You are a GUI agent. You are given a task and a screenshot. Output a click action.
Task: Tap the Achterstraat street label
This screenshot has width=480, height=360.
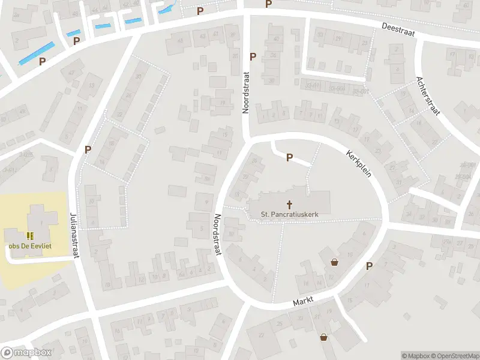pos(428,96)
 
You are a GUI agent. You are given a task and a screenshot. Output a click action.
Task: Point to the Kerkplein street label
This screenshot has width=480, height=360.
pos(359,163)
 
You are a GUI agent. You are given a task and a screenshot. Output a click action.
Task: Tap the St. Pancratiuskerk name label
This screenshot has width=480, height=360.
pos(289,214)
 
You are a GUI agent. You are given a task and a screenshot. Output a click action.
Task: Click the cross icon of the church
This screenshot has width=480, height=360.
pos(289,204)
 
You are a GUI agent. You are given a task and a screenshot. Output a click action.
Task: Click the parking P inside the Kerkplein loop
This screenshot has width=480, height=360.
pos(289,158)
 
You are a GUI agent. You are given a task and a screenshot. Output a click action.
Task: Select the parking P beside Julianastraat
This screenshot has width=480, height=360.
pos(88,149)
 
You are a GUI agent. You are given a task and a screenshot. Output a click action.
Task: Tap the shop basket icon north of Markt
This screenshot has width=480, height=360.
pos(334,262)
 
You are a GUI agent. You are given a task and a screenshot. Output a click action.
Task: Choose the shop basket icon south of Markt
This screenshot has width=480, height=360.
pos(324,337)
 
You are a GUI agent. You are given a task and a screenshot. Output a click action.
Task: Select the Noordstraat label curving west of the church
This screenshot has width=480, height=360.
pos(218,235)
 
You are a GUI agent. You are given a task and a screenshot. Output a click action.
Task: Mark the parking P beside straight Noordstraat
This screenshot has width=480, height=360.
pos(253,56)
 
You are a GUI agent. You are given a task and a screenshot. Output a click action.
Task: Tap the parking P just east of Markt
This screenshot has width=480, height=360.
pos(369,266)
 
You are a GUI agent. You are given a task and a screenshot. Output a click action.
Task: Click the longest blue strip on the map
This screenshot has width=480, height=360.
pos(37,53)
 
